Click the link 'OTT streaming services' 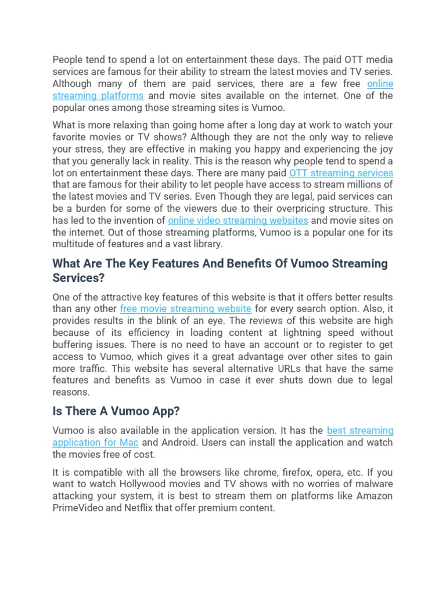[341, 173]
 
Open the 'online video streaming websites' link [238, 220]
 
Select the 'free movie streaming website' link [185, 309]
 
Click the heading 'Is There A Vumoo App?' [116, 411]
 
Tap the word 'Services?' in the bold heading [78, 278]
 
